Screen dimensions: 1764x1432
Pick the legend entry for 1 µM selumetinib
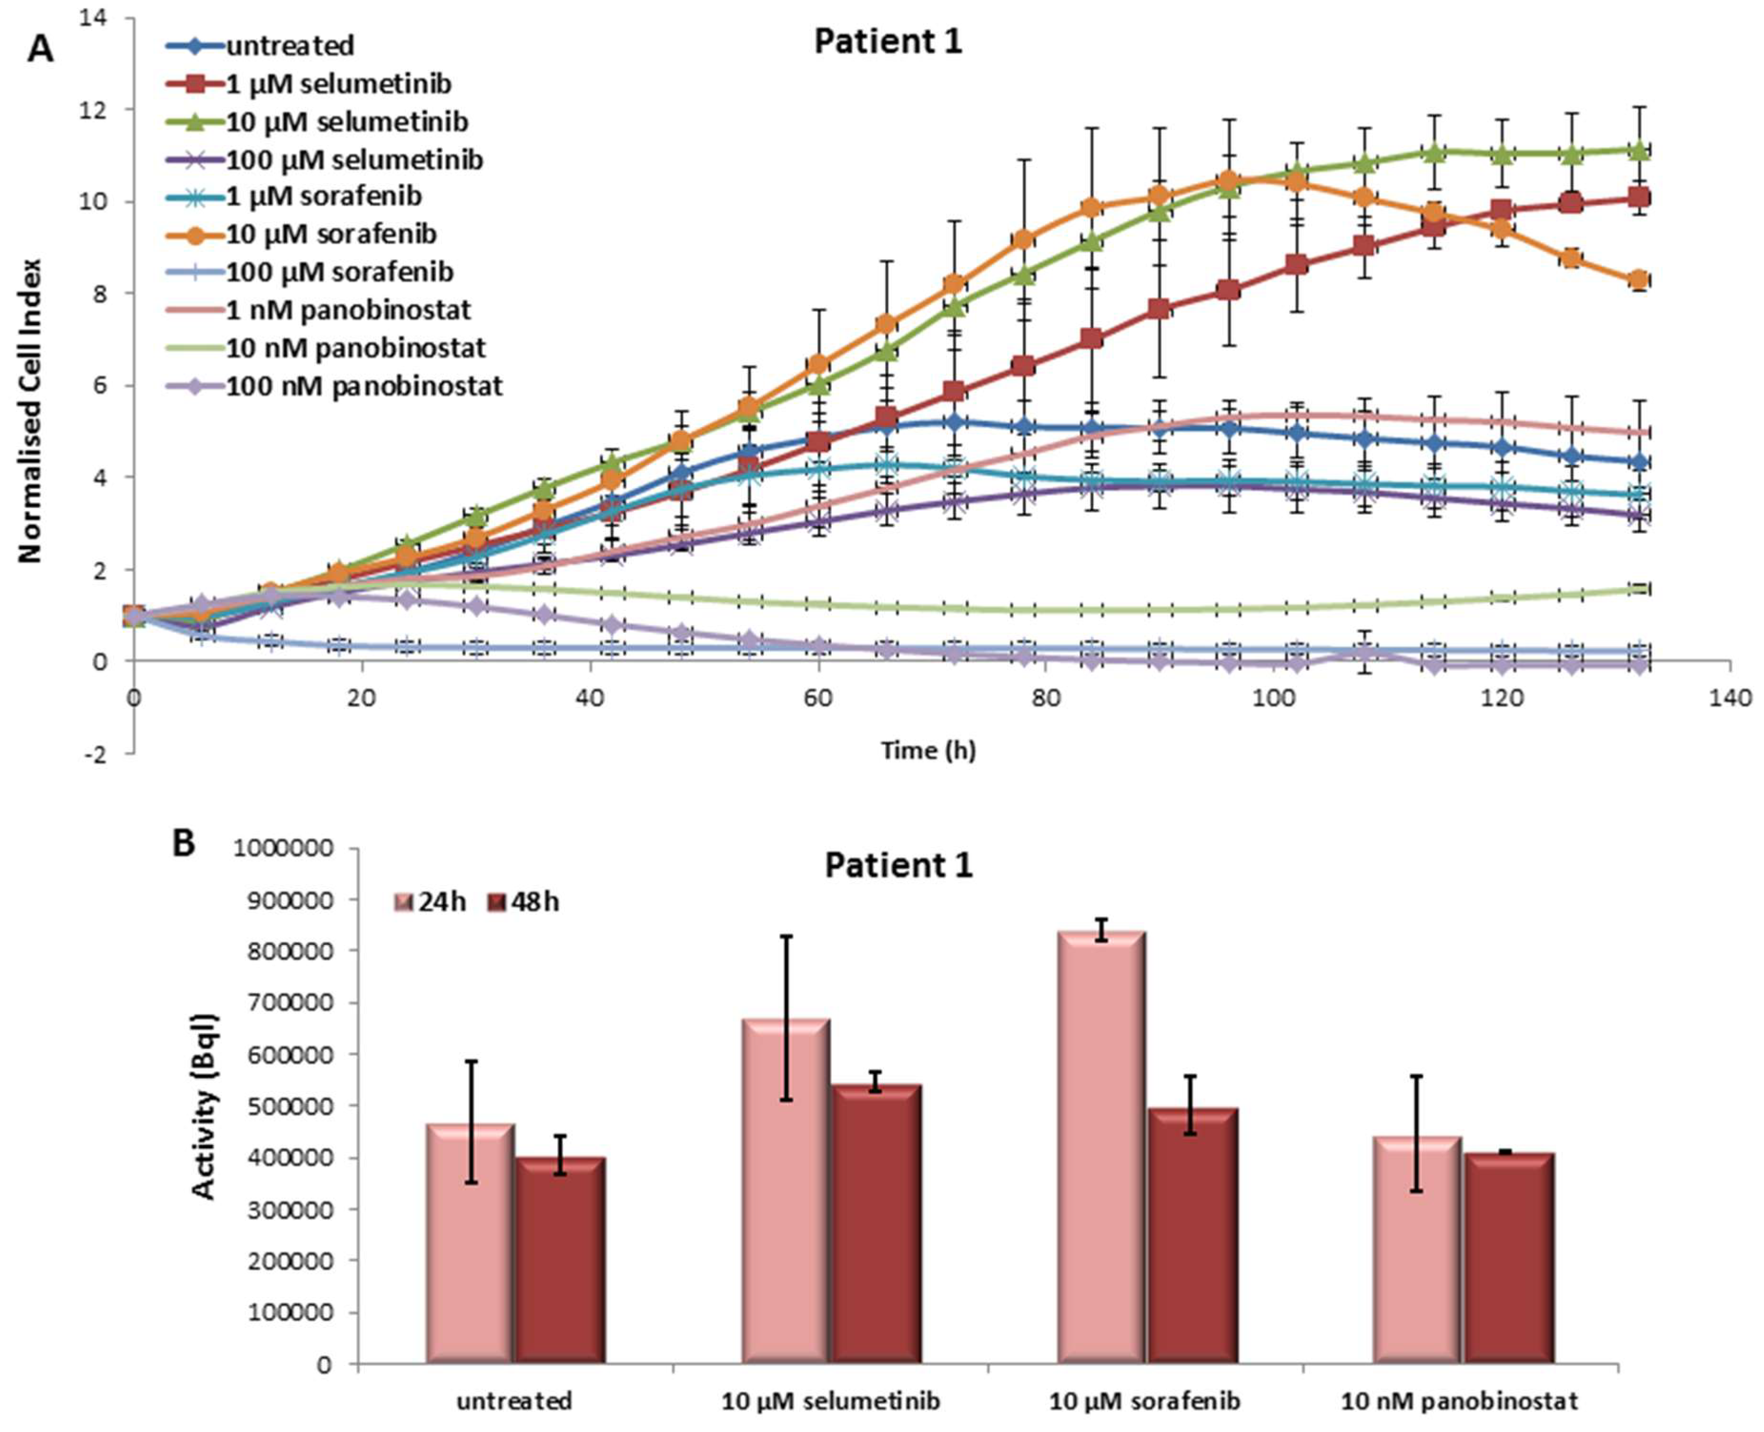(x=309, y=83)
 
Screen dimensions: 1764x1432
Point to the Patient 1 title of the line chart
(x=888, y=42)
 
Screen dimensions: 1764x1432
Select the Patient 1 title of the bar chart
(x=899, y=865)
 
